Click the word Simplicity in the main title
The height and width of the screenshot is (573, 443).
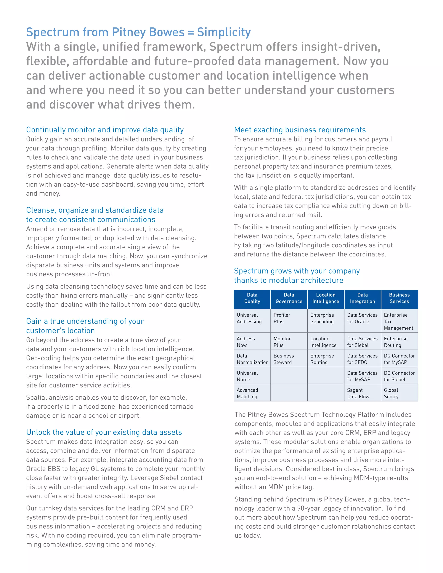(x=224, y=32)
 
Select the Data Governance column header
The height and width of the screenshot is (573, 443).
(x=289, y=298)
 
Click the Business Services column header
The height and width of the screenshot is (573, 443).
(x=399, y=298)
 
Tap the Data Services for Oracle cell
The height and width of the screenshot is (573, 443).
(x=362, y=318)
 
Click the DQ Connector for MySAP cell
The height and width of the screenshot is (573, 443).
(x=399, y=359)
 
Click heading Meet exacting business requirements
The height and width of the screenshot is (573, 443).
(x=300, y=130)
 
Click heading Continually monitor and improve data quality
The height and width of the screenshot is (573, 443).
(x=105, y=130)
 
